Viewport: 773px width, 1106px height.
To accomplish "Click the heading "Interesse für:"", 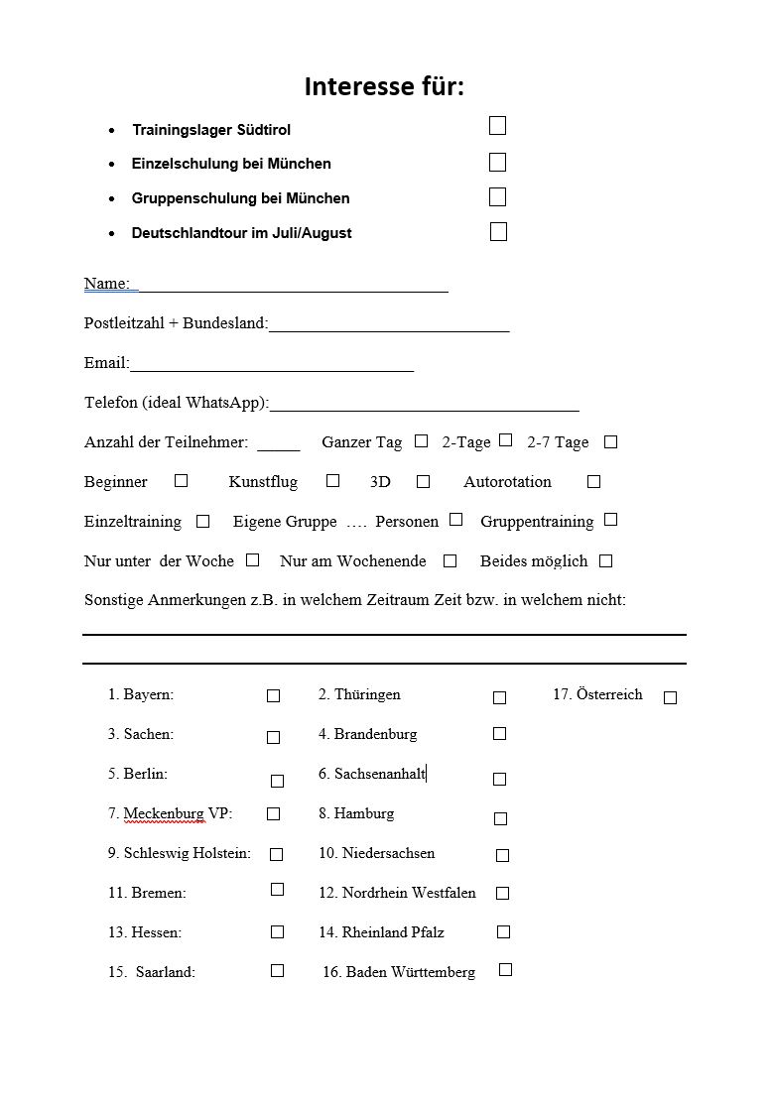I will coord(384,87).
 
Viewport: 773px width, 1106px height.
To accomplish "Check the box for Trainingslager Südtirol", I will coord(498,125).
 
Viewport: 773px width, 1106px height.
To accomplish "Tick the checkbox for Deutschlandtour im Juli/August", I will coord(499,232).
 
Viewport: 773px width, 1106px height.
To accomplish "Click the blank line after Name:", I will coord(293,286).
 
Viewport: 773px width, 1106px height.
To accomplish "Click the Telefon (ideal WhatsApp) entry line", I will coord(424,404).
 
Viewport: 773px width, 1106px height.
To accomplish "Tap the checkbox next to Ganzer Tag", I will coord(422,440).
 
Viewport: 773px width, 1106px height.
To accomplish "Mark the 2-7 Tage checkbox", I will coord(611,441).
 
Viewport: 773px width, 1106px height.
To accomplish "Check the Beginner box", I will coord(181,480).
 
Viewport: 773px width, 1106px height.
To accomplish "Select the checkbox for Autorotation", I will coord(594,481).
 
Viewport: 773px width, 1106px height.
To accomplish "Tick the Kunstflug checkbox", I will coord(333,480).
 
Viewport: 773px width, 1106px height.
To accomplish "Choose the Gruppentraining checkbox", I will coord(611,519).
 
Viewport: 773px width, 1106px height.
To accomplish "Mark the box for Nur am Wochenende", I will coord(451,560).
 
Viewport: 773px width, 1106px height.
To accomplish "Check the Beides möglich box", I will coord(606,560).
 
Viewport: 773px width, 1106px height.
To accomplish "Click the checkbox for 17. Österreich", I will coord(671,697).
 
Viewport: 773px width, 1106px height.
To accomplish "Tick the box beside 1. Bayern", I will coord(274,696).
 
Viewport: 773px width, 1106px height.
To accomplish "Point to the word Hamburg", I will coord(364,813).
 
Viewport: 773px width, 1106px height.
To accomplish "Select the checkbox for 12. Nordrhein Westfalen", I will coord(503,893).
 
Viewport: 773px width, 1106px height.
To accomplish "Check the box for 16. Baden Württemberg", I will coord(506,969).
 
